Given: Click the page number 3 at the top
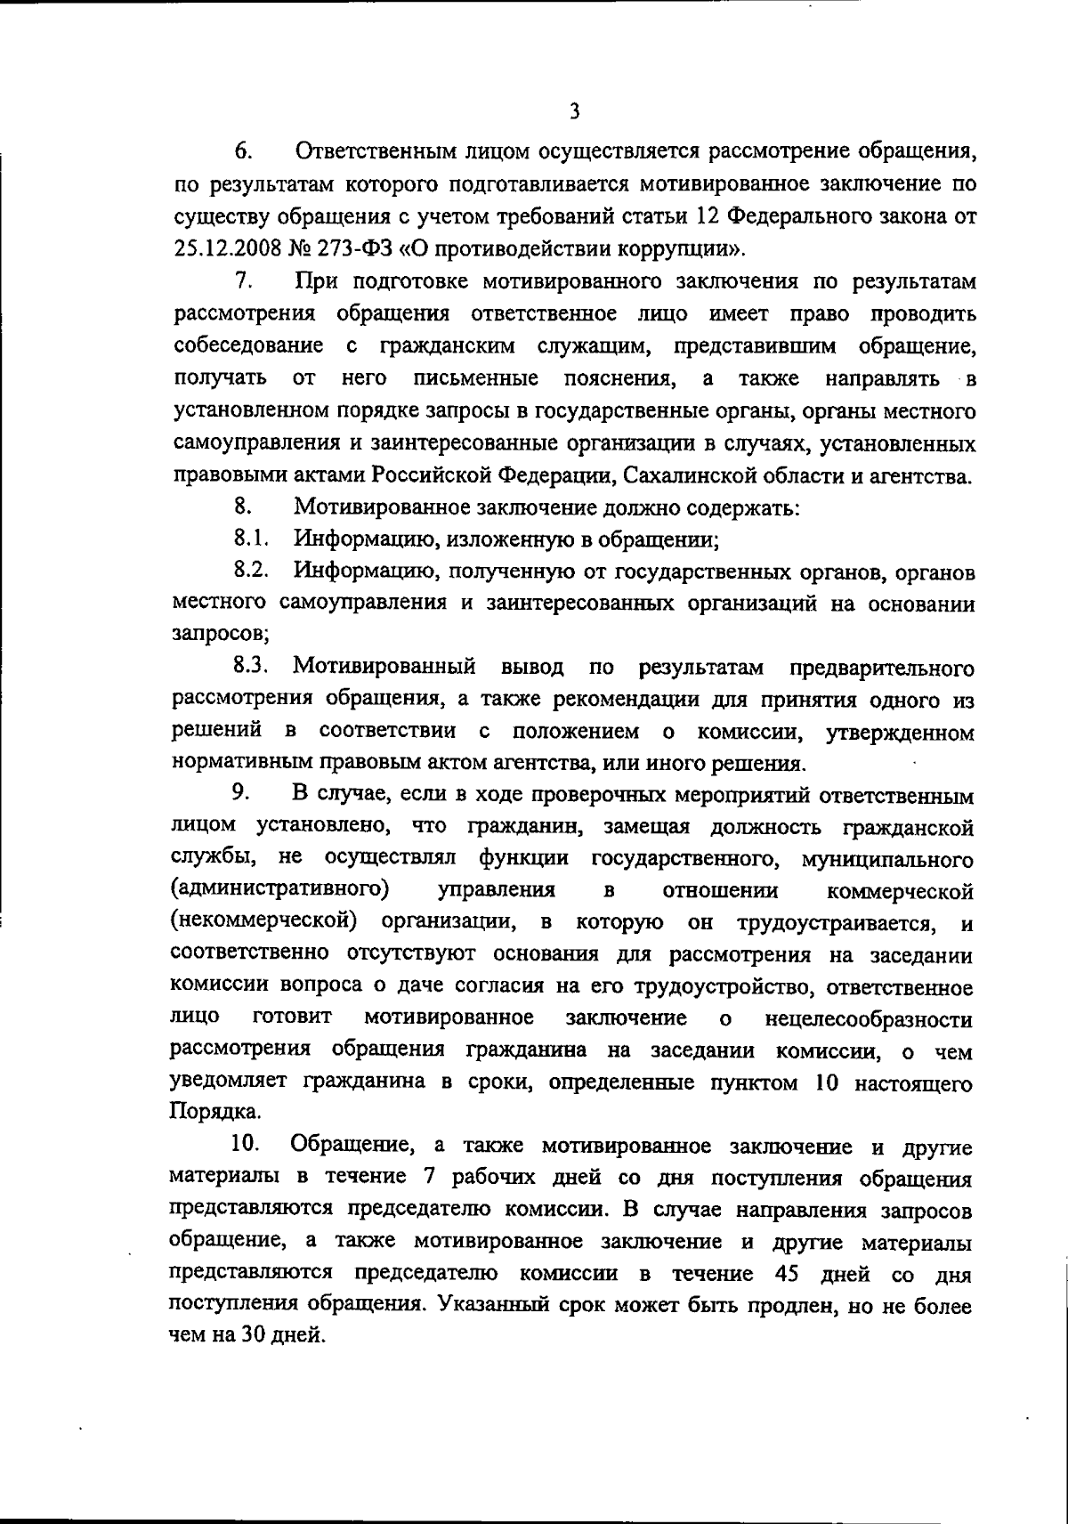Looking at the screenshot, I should tap(574, 111).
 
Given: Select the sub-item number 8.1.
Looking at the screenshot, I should tap(251, 539).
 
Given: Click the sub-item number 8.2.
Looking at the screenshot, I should tap(251, 571).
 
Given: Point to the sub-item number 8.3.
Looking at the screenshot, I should tap(251, 667).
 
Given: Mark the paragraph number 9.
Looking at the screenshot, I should tap(240, 793).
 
